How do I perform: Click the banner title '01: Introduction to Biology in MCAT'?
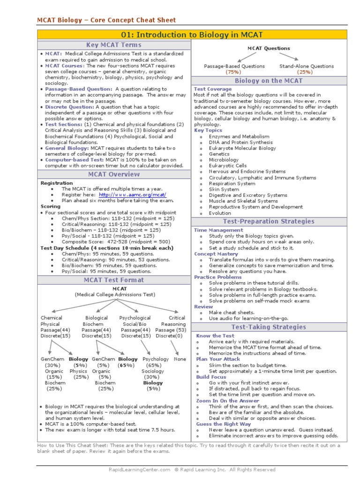click(192, 35)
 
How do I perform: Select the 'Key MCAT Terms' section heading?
click(114, 45)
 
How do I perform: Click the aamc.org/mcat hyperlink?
click(133, 195)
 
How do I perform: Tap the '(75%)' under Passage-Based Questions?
click(233, 72)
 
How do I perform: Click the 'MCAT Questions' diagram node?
click(269, 48)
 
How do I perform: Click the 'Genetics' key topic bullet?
click(219, 154)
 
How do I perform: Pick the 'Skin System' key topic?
click(224, 189)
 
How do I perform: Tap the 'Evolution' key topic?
click(220, 213)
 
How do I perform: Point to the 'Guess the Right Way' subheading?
click(223, 424)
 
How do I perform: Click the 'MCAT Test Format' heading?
click(114, 280)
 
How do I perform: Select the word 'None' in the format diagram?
click(180, 359)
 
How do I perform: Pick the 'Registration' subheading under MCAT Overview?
click(57, 183)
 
